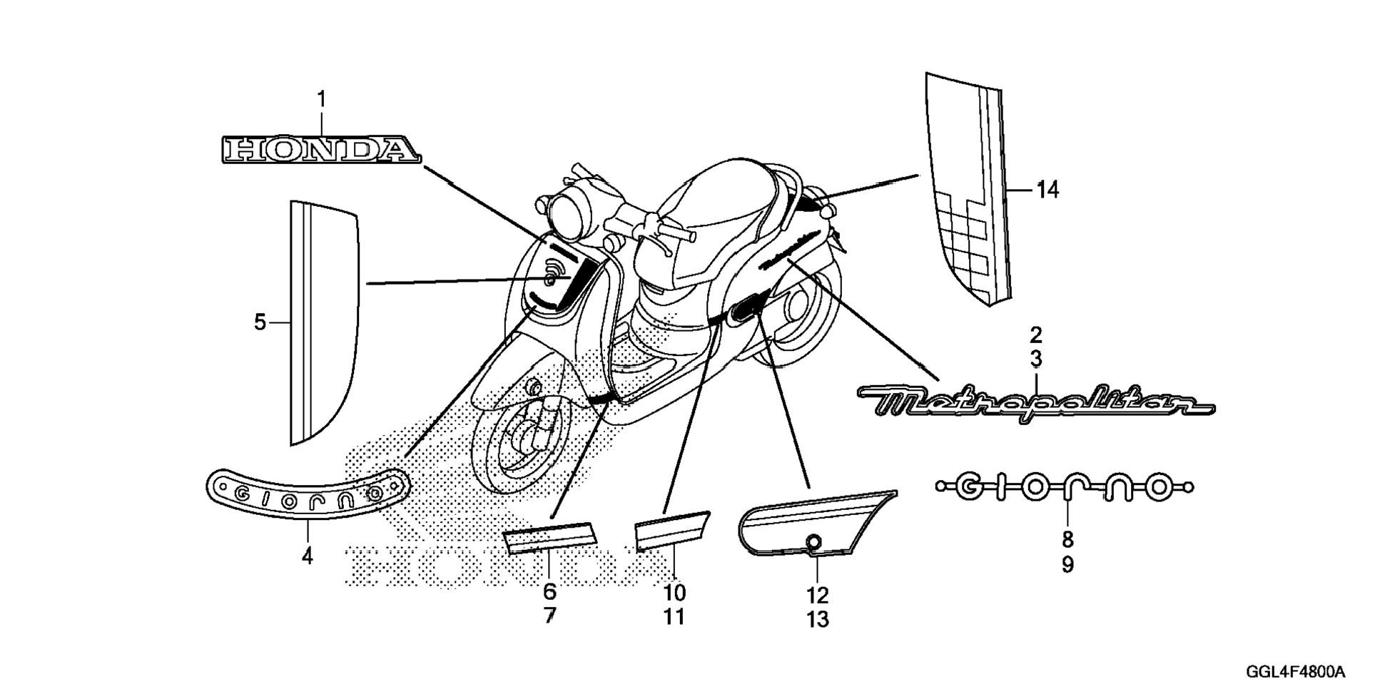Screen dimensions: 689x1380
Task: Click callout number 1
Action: tap(321, 99)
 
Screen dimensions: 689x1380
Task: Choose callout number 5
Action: tap(260, 322)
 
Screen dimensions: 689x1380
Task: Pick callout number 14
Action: tap(1047, 190)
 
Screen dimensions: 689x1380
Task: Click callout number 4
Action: tap(308, 556)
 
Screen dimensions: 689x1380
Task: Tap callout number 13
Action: tap(818, 619)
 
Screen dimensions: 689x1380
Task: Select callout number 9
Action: tap(1067, 565)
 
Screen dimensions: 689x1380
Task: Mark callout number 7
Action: tap(549, 616)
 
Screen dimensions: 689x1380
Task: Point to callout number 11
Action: tap(674, 617)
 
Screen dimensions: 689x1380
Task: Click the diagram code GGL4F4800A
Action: tap(1295, 672)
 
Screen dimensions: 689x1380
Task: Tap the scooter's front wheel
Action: tap(524, 442)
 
